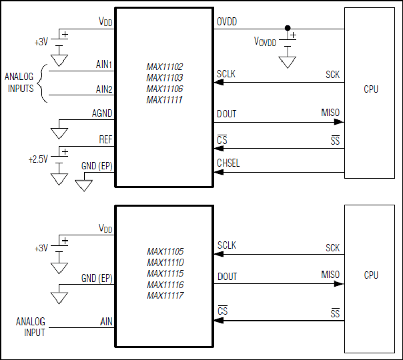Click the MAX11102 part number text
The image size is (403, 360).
[x=165, y=67]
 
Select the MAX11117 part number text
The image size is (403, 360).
[x=165, y=295]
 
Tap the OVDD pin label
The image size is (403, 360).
[x=227, y=21]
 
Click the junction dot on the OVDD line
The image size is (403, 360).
[x=288, y=28]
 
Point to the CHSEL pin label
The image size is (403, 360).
[x=228, y=163]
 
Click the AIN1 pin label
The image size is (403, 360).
[x=104, y=64]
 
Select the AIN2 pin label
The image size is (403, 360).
[x=104, y=89]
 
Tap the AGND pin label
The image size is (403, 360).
[x=102, y=113]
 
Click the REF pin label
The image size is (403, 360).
[x=105, y=140]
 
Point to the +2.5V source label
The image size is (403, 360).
[x=38, y=159]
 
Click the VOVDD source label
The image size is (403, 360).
[x=265, y=41]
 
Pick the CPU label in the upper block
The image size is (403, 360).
[x=371, y=89]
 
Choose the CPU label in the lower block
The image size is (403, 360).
[x=371, y=275]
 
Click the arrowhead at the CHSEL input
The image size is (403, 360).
[x=218, y=172]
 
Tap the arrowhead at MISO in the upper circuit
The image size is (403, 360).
[x=339, y=122]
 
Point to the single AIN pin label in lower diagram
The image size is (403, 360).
[x=106, y=322]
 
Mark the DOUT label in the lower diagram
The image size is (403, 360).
[x=228, y=277]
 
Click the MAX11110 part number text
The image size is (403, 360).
[x=165, y=263]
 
